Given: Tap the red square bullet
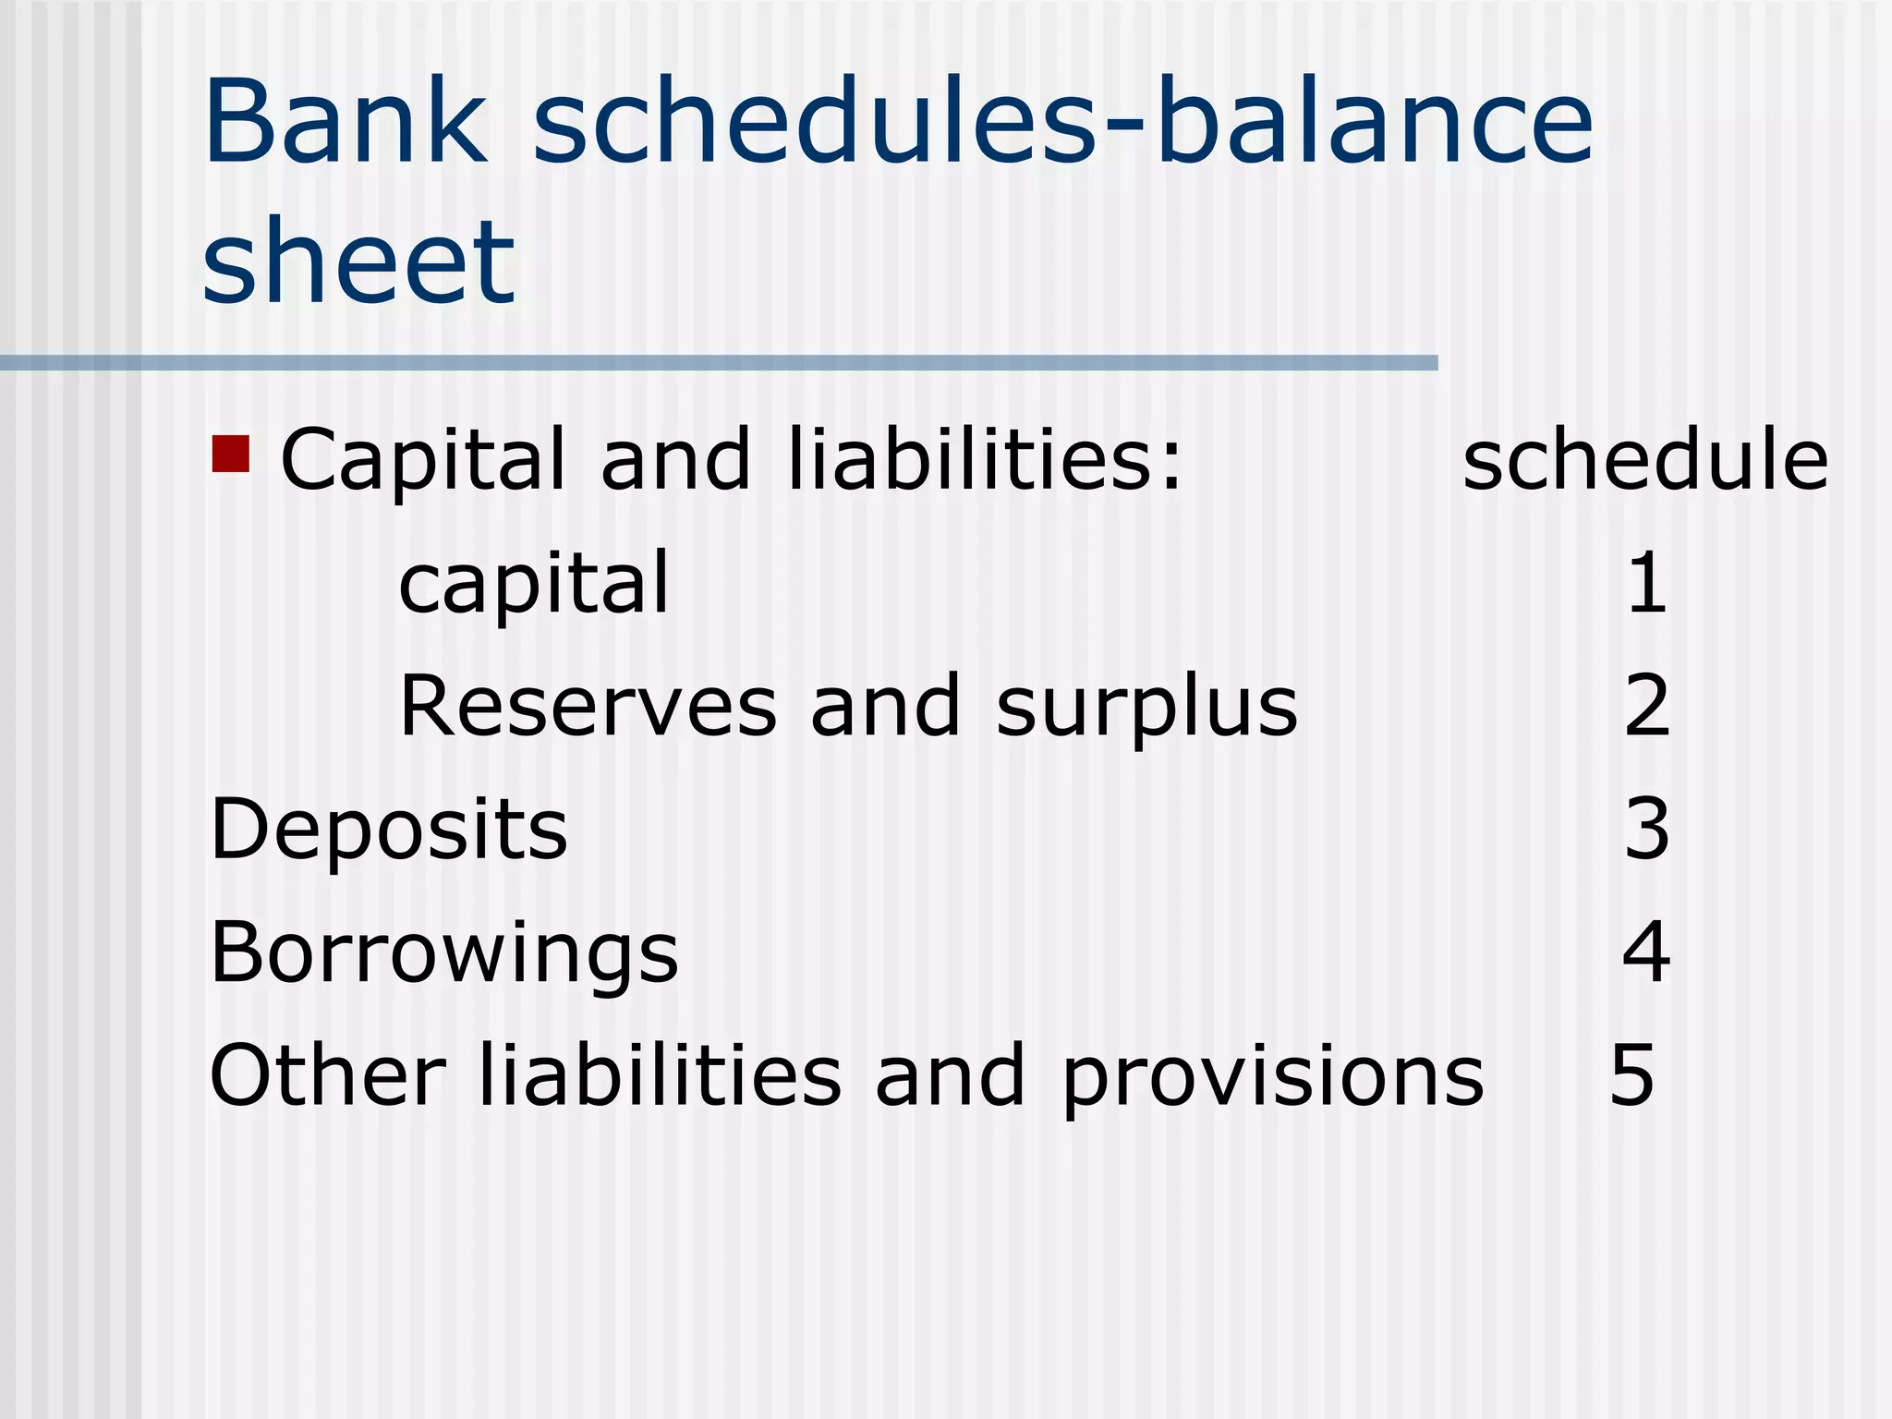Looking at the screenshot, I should (x=231, y=454).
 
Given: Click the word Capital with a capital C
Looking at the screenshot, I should (x=422, y=459).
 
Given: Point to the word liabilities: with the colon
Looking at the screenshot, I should (x=984, y=459).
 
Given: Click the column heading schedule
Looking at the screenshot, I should (x=1645, y=459).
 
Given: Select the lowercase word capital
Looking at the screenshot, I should (x=533, y=583).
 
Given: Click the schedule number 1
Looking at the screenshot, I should (x=1646, y=583).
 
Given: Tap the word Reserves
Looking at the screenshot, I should (x=588, y=706).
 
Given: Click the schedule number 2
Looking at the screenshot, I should (x=1647, y=706).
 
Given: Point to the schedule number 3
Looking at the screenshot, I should (x=1647, y=829).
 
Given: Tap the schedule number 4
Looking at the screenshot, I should (x=1646, y=952).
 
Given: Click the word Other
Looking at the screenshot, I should (x=328, y=1074).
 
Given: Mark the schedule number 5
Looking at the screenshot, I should (x=1631, y=1074).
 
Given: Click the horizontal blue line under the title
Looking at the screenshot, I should (x=719, y=363).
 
